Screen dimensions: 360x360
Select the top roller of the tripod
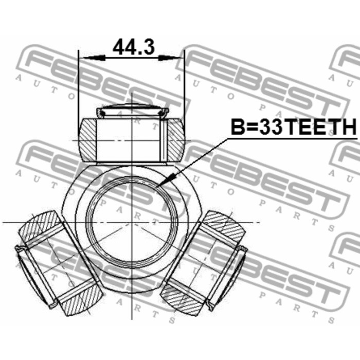pyautogui.click(x=131, y=139)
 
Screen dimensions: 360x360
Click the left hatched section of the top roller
pyautogui.click(x=88, y=139)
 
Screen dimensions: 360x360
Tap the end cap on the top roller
pyautogui.click(x=132, y=110)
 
